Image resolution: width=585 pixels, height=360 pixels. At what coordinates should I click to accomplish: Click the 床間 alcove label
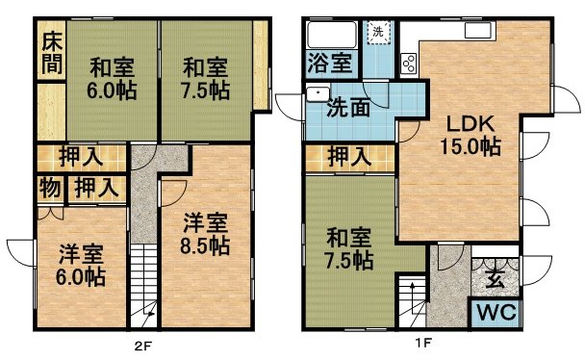pyautogui.click(x=52, y=53)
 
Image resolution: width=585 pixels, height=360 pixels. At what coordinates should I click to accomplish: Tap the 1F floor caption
pyautogui.click(x=423, y=343)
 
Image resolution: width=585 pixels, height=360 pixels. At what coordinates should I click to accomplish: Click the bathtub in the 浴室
pyautogui.click(x=332, y=35)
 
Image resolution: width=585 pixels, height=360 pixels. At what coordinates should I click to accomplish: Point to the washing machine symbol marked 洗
pyautogui.click(x=378, y=32)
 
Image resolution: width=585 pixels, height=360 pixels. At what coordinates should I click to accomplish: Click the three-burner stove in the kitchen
pyautogui.click(x=409, y=64)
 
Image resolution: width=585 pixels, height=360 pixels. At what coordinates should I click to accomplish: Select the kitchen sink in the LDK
pyautogui.click(x=477, y=30)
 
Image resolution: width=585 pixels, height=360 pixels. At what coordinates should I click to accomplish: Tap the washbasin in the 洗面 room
pyautogui.click(x=318, y=94)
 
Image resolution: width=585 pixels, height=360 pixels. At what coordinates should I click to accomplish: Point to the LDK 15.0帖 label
pyautogui.click(x=471, y=136)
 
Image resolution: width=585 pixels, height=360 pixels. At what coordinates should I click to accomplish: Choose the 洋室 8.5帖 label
pyautogui.click(x=205, y=234)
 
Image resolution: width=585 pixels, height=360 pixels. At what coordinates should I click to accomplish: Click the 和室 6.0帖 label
pyautogui.click(x=112, y=78)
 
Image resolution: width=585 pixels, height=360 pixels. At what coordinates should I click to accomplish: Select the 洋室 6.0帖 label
pyautogui.click(x=81, y=265)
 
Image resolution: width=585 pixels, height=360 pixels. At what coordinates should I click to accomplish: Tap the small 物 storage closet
pyautogui.click(x=51, y=189)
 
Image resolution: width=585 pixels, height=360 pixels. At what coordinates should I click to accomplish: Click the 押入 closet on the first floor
pyautogui.click(x=349, y=158)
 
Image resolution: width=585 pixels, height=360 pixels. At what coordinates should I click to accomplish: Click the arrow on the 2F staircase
pyautogui.click(x=146, y=315)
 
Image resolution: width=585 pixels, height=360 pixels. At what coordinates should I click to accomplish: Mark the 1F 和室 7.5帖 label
pyautogui.click(x=349, y=249)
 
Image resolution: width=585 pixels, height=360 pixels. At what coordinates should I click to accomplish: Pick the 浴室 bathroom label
pyautogui.click(x=330, y=63)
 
